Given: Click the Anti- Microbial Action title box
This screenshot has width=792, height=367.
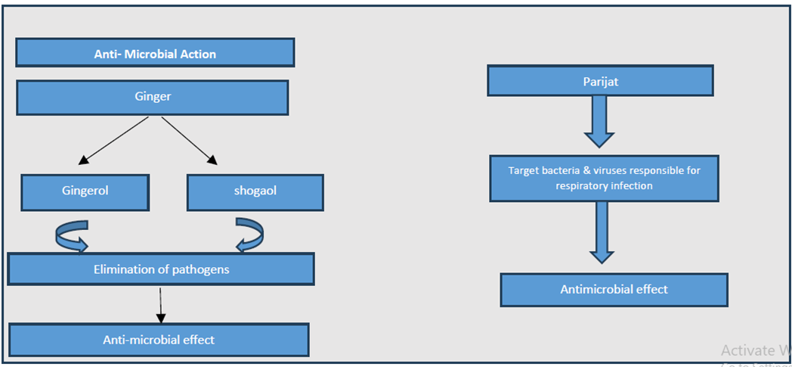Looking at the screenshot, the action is (155, 52).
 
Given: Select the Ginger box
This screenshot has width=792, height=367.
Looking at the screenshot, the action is (153, 97).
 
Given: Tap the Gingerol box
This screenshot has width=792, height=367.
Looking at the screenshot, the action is (85, 192).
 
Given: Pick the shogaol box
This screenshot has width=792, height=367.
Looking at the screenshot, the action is (255, 192).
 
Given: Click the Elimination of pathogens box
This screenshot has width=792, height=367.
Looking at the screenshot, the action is (161, 269).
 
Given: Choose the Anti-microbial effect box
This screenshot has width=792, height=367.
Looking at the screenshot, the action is (159, 340).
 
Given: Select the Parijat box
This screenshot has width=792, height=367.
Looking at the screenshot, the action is (600, 80).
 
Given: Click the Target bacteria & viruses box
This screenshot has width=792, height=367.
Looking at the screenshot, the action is (604, 178).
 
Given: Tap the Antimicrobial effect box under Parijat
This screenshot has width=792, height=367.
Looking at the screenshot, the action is (614, 290).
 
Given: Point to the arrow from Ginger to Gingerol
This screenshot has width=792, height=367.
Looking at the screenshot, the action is (113, 141).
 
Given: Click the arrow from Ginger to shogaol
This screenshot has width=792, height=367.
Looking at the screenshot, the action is (190, 141).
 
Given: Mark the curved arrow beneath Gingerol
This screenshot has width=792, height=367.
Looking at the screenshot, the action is (71, 235).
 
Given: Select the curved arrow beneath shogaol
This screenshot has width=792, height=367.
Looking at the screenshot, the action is (251, 235).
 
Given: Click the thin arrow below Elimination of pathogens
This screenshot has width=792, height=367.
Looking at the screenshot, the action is (161, 305).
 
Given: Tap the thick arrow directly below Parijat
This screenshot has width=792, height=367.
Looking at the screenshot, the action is (599, 121).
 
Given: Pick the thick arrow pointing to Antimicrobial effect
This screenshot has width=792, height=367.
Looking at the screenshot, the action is (601, 232).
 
